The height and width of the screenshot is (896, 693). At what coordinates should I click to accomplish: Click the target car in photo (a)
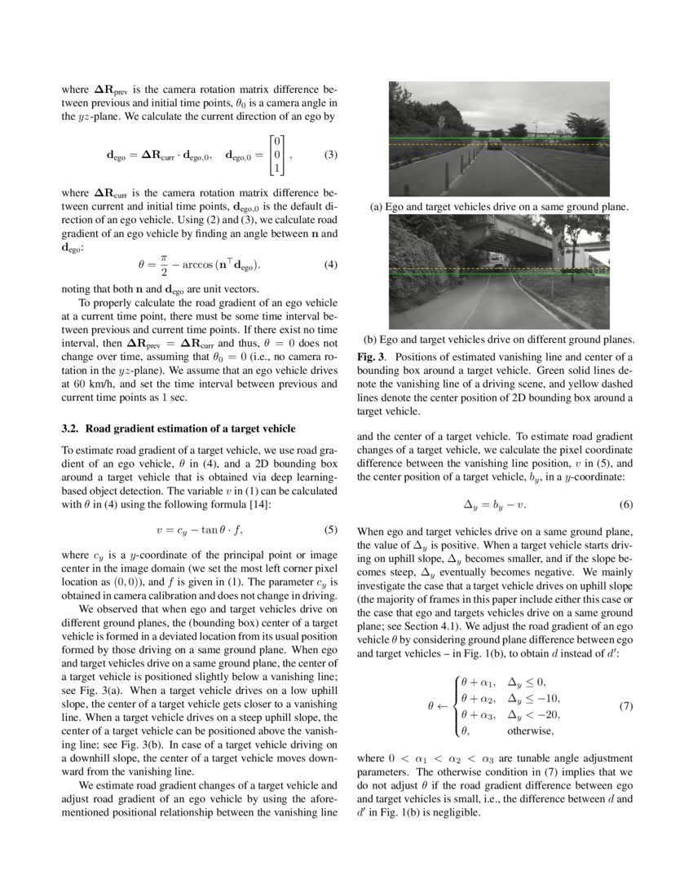pyautogui.click(x=495, y=146)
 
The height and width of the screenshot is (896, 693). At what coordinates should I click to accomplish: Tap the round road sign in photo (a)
pyautogui.click(x=441, y=120)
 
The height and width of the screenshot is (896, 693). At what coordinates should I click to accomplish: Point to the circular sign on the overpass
pyautogui.click(x=513, y=232)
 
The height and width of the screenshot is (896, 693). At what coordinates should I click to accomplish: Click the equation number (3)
pyautogui.click(x=330, y=155)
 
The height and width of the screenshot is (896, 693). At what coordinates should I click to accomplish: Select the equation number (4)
pyautogui.click(x=330, y=264)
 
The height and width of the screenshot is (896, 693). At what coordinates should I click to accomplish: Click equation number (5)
pyautogui.click(x=330, y=530)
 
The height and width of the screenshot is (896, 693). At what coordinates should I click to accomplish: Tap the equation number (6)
pyautogui.click(x=625, y=504)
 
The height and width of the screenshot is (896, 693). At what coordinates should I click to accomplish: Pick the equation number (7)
pyautogui.click(x=625, y=706)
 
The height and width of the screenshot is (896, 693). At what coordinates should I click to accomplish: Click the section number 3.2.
pyautogui.click(x=70, y=428)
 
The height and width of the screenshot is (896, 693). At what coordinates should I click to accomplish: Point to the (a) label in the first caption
pyautogui.click(x=377, y=207)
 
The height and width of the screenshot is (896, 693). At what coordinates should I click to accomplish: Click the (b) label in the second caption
pyautogui.click(x=370, y=340)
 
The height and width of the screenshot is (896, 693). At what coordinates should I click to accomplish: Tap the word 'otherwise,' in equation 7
pyautogui.click(x=530, y=730)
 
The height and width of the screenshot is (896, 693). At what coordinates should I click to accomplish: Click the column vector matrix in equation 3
pyautogui.click(x=278, y=155)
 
